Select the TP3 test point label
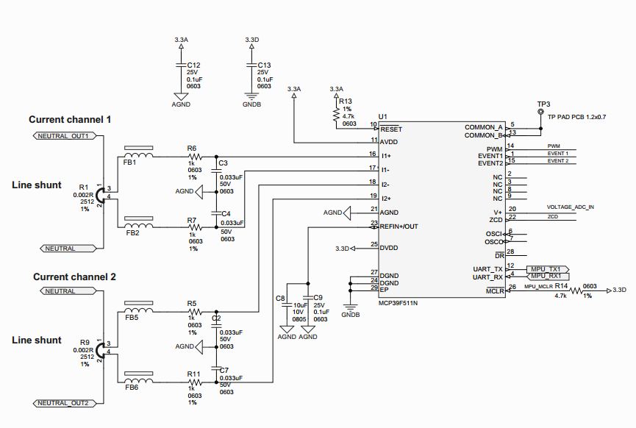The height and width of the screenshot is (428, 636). (543, 104)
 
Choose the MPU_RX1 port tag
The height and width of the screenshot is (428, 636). (545, 276)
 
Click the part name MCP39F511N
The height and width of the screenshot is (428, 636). (397, 302)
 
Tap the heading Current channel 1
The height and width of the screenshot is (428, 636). (70, 119)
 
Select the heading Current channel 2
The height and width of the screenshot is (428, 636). (74, 277)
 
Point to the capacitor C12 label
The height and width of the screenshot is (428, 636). (193, 65)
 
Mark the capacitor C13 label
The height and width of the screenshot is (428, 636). (265, 65)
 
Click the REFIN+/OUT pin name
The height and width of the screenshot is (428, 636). (399, 227)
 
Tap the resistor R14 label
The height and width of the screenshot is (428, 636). (561, 285)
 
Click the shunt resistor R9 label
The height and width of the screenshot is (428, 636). (85, 343)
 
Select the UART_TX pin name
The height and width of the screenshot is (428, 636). (488, 268)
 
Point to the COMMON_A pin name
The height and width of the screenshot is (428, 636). (484, 127)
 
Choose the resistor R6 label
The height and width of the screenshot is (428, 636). (192, 148)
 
